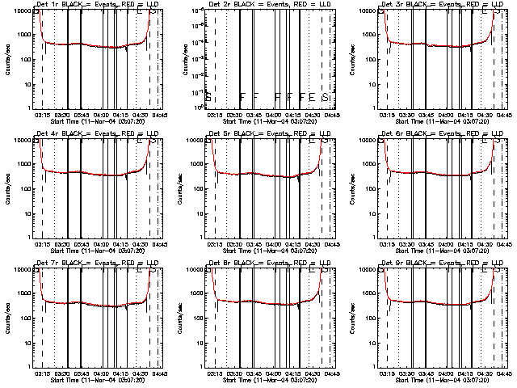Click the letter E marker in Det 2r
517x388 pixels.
pyautogui.click(x=313, y=97)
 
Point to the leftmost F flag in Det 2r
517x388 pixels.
pyautogui.click(x=242, y=97)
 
